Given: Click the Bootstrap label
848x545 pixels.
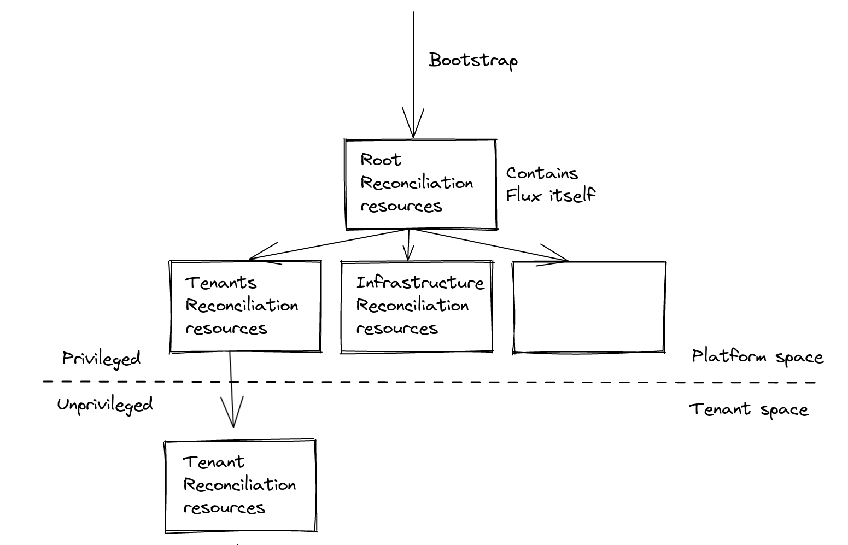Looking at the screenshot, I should click(x=472, y=60).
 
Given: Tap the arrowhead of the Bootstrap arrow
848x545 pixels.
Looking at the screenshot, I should click(x=413, y=128).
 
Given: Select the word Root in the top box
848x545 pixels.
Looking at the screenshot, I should click(x=381, y=160).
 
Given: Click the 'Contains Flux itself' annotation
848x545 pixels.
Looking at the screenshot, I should click(x=549, y=184).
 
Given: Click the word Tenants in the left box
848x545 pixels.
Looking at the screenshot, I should click(x=220, y=283).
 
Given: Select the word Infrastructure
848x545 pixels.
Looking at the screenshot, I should click(x=420, y=283).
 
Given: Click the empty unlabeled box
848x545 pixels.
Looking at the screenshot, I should click(x=589, y=307).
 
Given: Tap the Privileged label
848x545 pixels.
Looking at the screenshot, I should click(x=101, y=359).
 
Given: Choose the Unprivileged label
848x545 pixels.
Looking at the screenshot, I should click(x=105, y=405).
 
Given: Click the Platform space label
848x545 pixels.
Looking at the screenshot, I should click(x=757, y=357).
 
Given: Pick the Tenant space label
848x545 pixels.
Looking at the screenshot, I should click(x=748, y=409).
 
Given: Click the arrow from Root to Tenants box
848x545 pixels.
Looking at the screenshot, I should click(x=328, y=244).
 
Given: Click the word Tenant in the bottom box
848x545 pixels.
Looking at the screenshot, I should click(x=213, y=462).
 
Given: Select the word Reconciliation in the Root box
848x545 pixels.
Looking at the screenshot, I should click(x=417, y=183).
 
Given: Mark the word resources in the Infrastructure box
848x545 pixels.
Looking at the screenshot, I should click(x=397, y=329).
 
